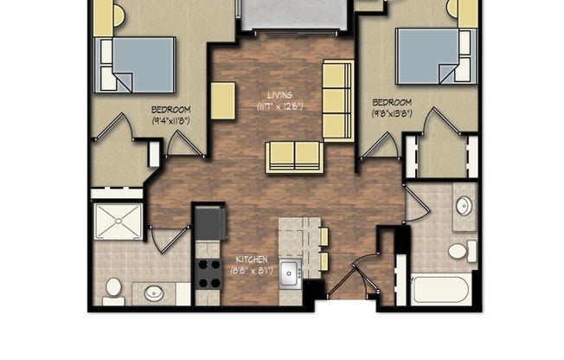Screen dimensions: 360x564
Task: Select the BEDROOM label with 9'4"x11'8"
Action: click(x=170, y=110)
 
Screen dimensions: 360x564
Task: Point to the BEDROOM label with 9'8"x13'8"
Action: click(x=392, y=101)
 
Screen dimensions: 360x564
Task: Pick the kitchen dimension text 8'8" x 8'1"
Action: click(x=251, y=271)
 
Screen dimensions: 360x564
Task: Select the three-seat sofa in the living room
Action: click(x=336, y=100)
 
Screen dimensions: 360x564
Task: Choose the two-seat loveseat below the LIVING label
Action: click(x=294, y=156)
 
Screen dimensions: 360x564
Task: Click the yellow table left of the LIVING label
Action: click(x=222, y=100)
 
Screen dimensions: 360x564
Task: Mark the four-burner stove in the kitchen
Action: click(x=208, y=273)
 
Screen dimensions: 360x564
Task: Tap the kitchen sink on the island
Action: click(x=290, y=271)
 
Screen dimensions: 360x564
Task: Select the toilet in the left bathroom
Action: click(x=113, y=290)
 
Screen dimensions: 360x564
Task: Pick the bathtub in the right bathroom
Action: click(x=442, y=289)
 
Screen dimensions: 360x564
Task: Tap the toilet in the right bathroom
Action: click(x=459, y=251)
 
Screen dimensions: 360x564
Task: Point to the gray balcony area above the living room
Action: click(x=294, y=15)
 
